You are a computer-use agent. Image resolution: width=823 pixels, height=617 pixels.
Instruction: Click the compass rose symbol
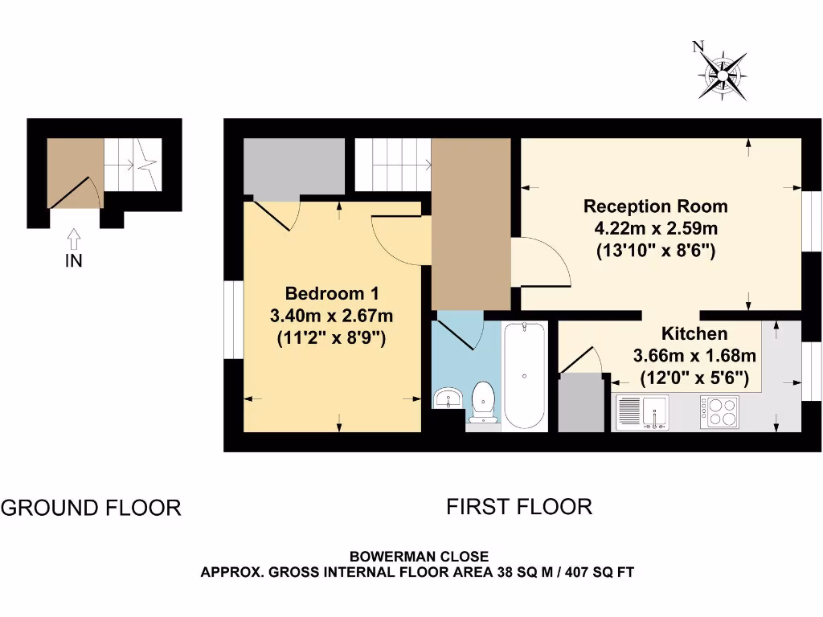tap(723, 77)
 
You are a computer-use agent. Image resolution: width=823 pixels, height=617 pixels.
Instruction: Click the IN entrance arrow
tap(73, 239)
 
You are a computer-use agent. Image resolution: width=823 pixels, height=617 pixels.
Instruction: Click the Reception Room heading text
tap(655, 206)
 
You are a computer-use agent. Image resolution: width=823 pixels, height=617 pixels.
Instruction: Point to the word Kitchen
tap(694, 333)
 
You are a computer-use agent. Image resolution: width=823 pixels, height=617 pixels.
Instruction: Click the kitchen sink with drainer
tap(643, 411)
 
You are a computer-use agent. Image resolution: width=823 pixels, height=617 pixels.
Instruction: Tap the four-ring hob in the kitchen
tap(719, 411)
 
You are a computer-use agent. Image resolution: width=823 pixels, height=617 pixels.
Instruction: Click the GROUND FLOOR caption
tap(91, 508)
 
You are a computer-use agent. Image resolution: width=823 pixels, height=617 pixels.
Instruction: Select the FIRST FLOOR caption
tap(519, 507)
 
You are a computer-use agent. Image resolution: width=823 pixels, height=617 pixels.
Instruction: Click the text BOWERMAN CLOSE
tap(418, 556)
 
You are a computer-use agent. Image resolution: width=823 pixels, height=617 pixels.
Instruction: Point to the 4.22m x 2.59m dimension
tap(655, 228)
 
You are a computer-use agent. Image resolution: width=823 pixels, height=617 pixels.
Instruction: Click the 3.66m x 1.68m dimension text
tap(694, 355)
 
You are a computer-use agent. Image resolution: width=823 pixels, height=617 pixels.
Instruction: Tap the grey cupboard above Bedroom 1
tap(294, 166)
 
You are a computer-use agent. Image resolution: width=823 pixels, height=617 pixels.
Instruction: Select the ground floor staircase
tap(133, 164)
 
